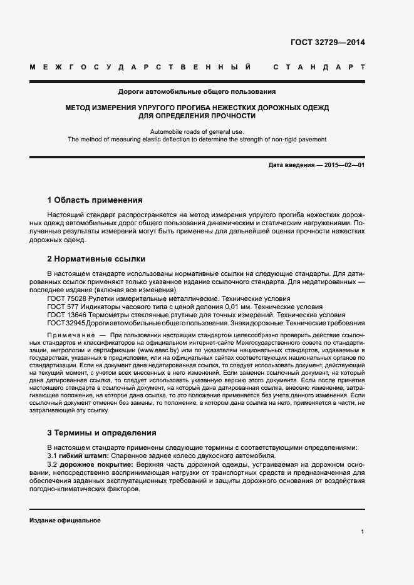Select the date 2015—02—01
pyautogui.click(x=344, y=165)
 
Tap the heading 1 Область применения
pyautogui.click(x=95, y=200)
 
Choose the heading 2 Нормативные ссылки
pyautogui.click(x=96, y=258)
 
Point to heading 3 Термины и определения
pyautogui.click(x=101, y=432)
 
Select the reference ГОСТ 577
pyautogui.click(x=61, y=307)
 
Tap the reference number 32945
pyautogui.click(x=75, y=323)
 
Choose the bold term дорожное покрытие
pyautogui.click(x=96, y=464)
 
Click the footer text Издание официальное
pyautogui.click(x=65, y=521)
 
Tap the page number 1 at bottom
pyautogui.click(x=363, y=531)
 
